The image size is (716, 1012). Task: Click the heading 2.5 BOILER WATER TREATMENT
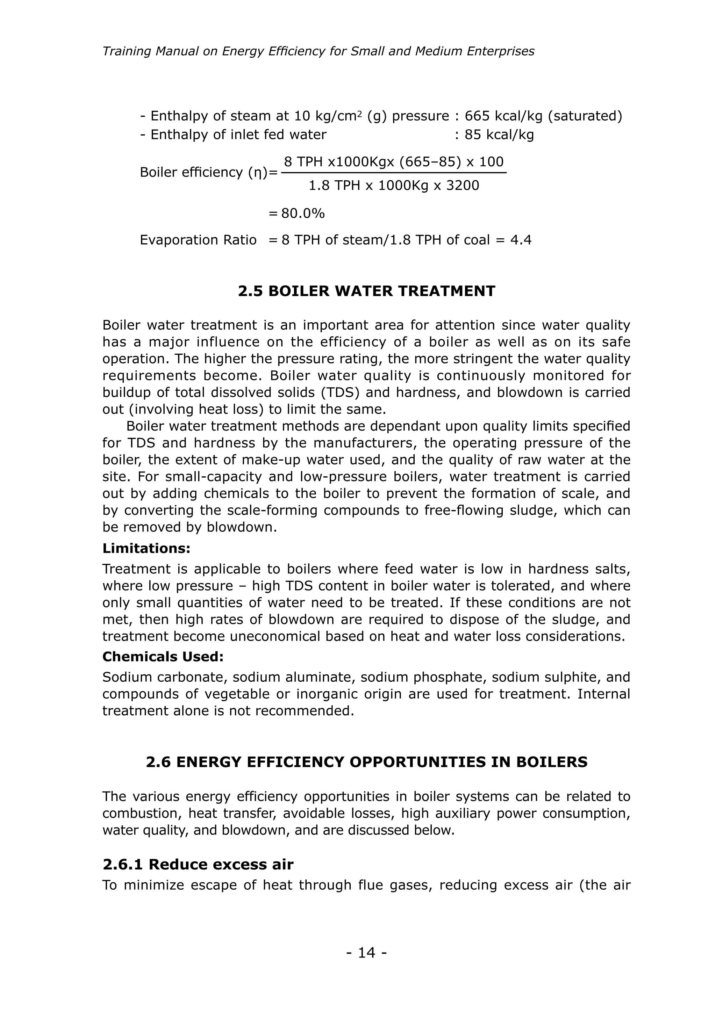(366, 291)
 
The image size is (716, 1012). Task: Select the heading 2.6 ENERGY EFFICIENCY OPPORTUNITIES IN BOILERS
(366, 762)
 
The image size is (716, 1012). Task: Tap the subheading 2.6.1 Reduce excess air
(198, 864)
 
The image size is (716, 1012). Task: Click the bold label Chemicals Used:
(163, 657)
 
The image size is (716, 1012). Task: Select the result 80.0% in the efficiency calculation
(303, 214)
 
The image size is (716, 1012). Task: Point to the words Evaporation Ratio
(198, 240)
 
